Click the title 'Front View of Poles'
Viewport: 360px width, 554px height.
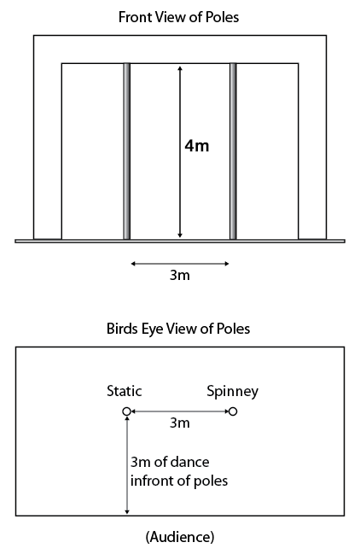point(178,17)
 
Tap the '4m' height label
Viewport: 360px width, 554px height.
point(197,146)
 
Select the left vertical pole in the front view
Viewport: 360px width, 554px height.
point(127,151)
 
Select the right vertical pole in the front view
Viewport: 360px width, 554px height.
point(233,151)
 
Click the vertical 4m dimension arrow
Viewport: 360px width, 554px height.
point(180,152)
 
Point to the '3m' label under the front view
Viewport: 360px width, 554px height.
point(180,275)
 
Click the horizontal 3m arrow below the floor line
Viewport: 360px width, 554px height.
point(180,264)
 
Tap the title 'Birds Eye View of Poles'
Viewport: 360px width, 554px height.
point(178,329)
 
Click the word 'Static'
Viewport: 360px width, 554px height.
point(125,391)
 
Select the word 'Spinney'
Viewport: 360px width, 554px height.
point(232,392)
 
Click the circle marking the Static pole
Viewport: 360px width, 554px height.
point(127,411)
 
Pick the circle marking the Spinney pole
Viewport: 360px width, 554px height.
point(233,411)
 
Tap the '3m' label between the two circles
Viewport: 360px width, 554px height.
point(180,423)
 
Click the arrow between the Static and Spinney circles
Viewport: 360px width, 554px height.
point(180,411)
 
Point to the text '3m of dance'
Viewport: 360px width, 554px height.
point(170,462)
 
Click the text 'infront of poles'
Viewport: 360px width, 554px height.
point(179,481)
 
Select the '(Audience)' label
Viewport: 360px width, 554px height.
point(180,537)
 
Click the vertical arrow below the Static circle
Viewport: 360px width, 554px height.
point(127,465)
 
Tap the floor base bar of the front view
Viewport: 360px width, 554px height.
point(180,242)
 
